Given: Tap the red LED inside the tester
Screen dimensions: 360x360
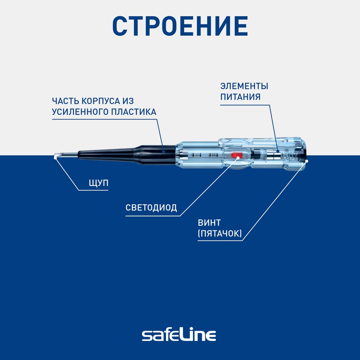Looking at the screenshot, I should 237,155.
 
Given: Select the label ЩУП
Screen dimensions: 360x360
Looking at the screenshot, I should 98,183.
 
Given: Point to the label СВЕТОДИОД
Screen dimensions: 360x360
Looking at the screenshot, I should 151,208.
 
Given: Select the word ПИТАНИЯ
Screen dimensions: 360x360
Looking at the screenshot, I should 240,97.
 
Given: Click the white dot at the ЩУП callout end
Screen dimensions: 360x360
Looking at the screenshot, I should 55,157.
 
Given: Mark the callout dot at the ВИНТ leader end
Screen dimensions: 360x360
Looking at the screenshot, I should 307,161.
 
